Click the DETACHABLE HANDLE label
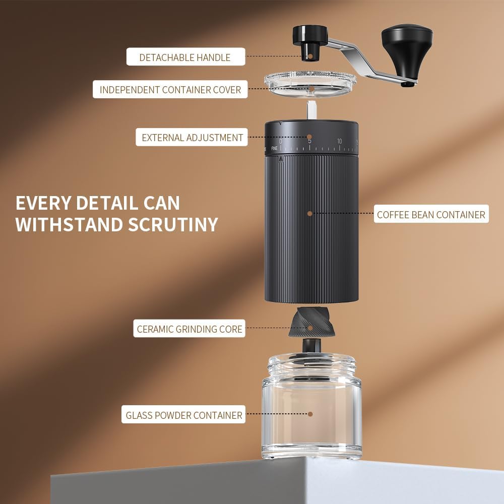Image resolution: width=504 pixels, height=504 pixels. click(185, 57)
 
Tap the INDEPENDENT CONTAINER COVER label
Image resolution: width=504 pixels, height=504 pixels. click(170, 89)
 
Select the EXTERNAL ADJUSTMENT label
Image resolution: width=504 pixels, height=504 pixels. click(192, 137)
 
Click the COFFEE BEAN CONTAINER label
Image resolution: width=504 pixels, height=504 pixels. click(431, 214)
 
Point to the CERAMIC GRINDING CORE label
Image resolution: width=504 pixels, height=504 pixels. click(190, 329)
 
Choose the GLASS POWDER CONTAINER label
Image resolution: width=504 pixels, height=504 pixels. click(183, 415)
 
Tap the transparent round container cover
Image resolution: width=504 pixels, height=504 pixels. click(310, 83)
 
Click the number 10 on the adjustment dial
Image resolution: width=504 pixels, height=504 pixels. click(339, 141)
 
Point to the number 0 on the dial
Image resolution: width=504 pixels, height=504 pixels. click(281, 142)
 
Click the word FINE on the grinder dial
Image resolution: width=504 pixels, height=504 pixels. click(274, 149)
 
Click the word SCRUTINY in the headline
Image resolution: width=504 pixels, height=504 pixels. click(173, 224)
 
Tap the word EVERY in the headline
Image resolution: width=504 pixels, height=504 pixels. click(43, 203)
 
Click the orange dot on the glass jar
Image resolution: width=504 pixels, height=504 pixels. click(310, 414)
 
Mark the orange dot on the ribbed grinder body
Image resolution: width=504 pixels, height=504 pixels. click(310, 213)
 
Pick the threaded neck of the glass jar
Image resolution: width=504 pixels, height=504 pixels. click(311, 366)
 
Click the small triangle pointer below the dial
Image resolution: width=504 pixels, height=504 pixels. click(281, 159)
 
